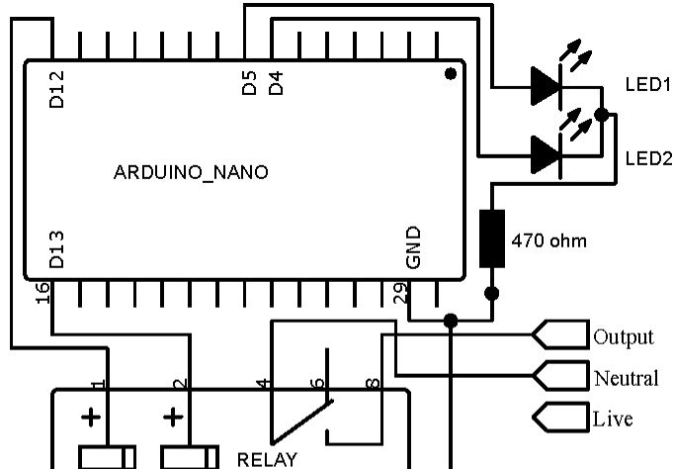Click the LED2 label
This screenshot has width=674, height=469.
(648, 157)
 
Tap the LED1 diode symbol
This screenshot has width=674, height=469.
(547, 85)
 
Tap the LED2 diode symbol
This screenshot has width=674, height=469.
(547, 154)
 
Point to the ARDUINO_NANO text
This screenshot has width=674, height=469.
(191, 172)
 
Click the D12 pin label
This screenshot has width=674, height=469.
(57, 88)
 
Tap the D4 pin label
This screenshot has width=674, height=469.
(277, 85)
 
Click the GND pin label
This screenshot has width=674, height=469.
(414, 247)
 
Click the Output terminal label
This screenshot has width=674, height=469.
(623, 337)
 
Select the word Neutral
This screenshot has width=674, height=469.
(626, 378)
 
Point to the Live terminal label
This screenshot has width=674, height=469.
(613, 419)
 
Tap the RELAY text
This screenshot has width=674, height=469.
(267, 460)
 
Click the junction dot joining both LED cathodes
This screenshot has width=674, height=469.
(601, 116)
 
